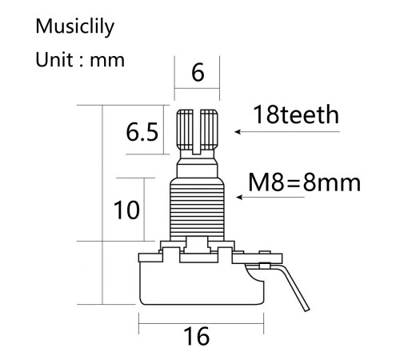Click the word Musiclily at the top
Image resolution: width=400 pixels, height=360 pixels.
click(x=76, y=27)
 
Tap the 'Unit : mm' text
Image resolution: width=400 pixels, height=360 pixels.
click(x=80, y=61)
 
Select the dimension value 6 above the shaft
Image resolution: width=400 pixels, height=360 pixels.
click(x=197, y=73)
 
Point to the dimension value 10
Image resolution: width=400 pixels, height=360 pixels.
click(x=126, y=210)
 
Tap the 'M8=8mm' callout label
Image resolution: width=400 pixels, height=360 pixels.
click(x=305, y=183)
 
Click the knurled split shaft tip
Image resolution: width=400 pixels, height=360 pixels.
click(x=198, y=128)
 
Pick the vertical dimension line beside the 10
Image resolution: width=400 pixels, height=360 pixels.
click(x=144, y=210)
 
